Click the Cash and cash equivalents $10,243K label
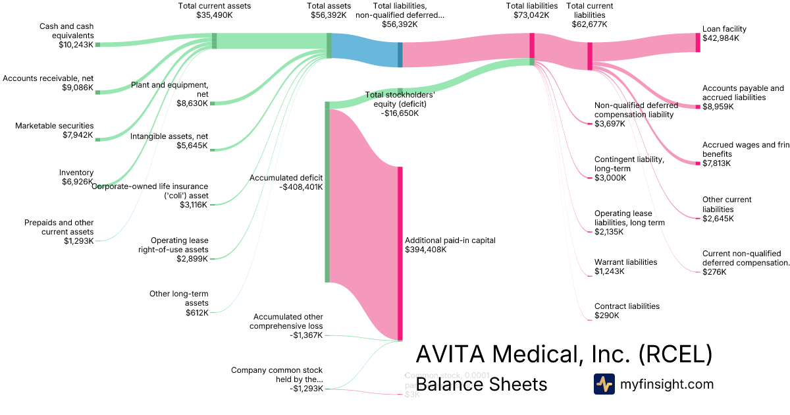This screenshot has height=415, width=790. point(66,36)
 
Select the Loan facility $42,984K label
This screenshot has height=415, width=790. point(724,34)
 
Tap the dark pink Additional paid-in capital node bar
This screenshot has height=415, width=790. point(400,254)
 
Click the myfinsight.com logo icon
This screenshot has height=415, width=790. point(604,384)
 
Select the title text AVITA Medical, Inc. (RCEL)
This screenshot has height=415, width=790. point(564,354)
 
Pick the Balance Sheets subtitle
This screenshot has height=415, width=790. point(481,384)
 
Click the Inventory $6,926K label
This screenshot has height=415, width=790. point(76,177)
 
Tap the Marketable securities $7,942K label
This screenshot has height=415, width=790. point(54,130)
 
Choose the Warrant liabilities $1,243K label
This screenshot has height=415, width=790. point(625,267)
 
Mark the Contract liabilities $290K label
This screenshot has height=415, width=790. point(627,311)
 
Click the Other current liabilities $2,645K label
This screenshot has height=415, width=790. point(727,209)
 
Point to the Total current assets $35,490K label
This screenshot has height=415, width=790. point(214,10)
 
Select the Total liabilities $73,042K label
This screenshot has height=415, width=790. point(531,10)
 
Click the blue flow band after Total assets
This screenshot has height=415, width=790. point(365,50)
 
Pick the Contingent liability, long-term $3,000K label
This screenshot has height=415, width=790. point(629,169)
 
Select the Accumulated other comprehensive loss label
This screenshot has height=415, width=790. point(288,325)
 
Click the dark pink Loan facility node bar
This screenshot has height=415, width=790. point(698,42)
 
